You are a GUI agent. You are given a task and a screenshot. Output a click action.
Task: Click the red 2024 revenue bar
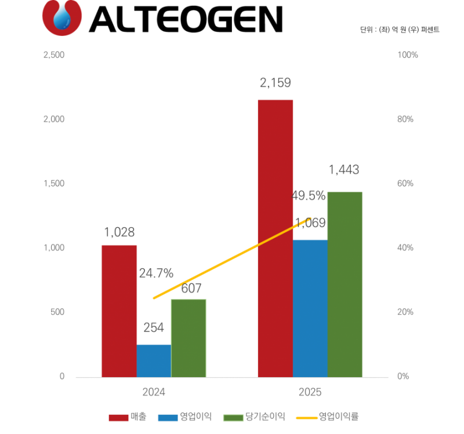click(x=119, y=311)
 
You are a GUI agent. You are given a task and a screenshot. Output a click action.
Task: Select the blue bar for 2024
click(x=154, y=360)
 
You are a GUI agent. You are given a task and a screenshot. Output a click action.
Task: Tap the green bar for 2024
click(x=188, y=338)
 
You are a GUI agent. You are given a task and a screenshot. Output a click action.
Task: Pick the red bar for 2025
click(x=275, y=238)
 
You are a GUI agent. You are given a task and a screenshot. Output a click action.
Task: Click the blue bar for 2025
click(x=310, y=308)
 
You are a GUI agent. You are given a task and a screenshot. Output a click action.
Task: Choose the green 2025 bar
click(x=345, y=284)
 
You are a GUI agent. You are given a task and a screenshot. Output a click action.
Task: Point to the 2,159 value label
click(x=275, y=83)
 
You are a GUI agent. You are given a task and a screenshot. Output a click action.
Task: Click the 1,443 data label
click(x=344, y=170)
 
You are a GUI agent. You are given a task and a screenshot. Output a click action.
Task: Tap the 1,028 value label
click(x=119, y=233)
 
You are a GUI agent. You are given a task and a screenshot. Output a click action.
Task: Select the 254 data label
click(x=154, y=327)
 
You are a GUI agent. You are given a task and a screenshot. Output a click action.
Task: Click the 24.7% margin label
click(x=156, y=274)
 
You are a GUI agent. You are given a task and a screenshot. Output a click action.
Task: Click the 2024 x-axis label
click(x=154, y=392)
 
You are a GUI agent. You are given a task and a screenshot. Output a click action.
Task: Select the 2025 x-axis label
click(x=310, y=392)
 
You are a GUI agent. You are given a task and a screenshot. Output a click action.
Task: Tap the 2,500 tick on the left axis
click(x=54, y=55)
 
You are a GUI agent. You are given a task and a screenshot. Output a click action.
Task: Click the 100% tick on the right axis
click(x=407, y=55)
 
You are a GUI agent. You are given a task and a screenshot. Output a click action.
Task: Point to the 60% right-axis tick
click(x=405, y=184)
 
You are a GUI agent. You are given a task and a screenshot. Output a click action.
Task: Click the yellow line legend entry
click(x=327, y=417)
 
